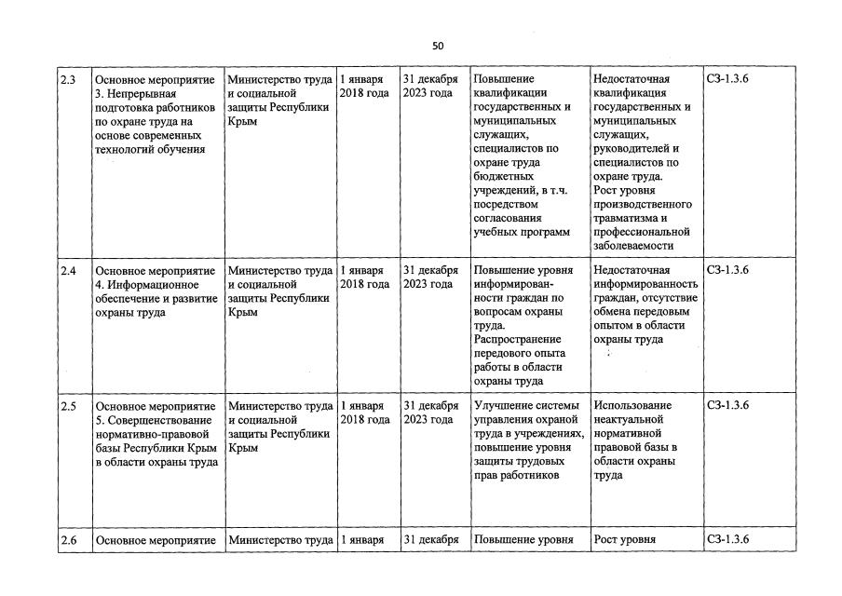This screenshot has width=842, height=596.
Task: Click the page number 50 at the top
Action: coord(438,46)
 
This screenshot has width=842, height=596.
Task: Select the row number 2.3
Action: coord(68,79)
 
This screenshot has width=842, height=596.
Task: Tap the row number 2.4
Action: coord(68,270)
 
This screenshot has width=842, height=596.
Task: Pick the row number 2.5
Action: coord(68,406)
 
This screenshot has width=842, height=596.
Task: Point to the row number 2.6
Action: coord(68,540)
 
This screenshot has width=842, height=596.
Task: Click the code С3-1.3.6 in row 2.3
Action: coord(727,79)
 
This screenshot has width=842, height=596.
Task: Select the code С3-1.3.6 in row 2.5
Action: coord(727,406)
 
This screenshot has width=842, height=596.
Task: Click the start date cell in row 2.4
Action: coord(364,278)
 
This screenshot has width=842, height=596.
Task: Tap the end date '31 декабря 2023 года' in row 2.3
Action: coord(429,86)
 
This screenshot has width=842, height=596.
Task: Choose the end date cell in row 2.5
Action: coord(429,413)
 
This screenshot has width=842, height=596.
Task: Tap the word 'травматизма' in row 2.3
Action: coord(626,218)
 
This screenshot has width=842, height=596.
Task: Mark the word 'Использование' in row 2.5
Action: coord(631,406)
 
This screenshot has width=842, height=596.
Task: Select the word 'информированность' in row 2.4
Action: coord(645,284)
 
